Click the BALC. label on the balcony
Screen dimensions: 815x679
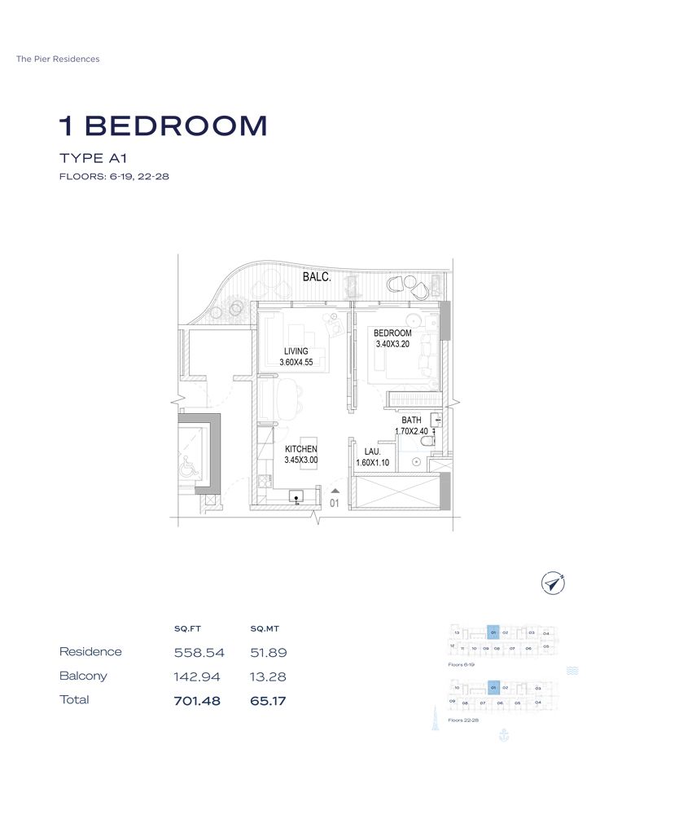click(317, 277)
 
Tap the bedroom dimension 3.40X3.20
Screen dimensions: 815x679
click(392, 344)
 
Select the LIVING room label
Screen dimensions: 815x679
click(296, 351)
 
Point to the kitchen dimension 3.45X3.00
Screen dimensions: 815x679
click(300, 460)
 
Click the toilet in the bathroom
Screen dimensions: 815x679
click(429, 441)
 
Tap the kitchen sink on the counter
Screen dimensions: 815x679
click(297, 495)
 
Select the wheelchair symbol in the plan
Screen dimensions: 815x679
click(186, 468)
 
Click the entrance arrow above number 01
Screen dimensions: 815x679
click(335, 491)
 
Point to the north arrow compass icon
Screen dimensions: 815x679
click(554, 582)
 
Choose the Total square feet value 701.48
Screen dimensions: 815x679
click(197, 700)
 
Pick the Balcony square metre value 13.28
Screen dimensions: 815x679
click(269, 676)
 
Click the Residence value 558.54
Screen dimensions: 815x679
click(199, 653)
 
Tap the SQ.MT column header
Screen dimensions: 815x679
click(265, 628)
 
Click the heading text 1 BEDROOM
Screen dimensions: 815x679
click(163, 126)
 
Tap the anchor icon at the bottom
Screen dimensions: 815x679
click(502, 735)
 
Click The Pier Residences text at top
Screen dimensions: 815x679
click(58, 59)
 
